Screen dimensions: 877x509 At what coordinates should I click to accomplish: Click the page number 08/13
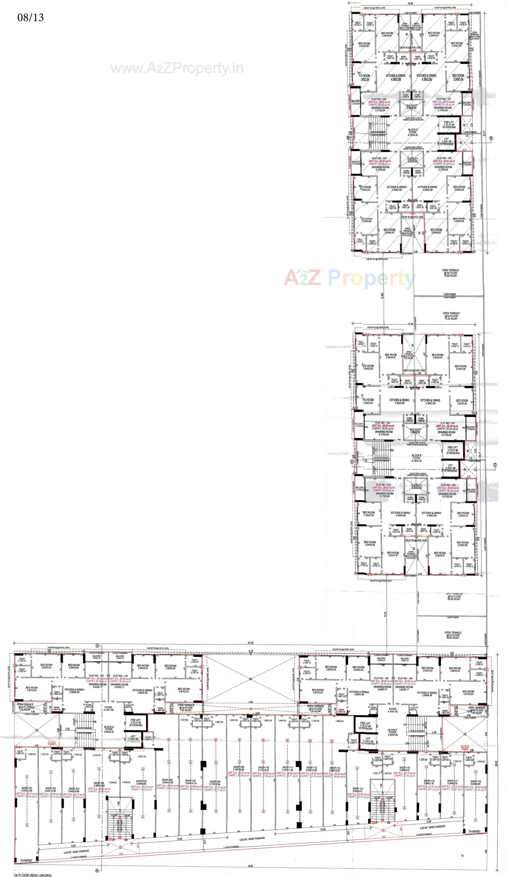click(31, 17)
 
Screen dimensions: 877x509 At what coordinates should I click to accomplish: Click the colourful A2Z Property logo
click(349, 278)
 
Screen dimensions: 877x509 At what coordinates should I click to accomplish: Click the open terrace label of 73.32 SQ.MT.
click(451, 316)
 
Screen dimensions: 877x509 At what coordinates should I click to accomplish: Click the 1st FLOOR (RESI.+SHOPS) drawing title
click(31, 874)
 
